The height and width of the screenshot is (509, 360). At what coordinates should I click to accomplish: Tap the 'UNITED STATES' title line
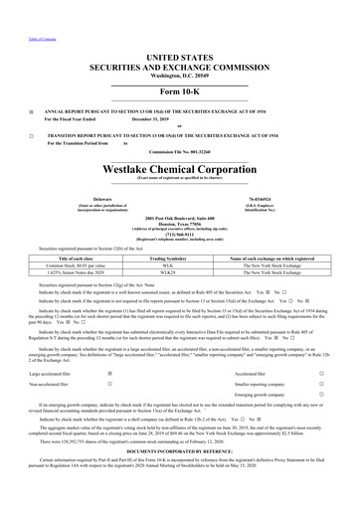click(x=180, y=33)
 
